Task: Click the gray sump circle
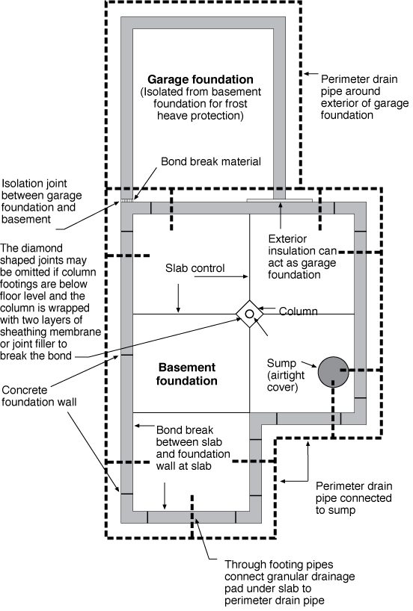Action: click(333, 372)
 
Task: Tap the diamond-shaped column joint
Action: click(249, 314)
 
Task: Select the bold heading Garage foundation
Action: click(201, 79)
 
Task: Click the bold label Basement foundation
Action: click(186, 374)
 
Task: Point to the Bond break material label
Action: click(211, 161)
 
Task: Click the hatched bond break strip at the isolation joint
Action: click(126, 200)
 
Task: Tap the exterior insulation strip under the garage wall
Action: click(279, 200)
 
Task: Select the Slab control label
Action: click(195, 268)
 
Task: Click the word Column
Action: click(298, 311)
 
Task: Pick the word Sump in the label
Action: click(281, 363)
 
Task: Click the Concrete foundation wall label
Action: click(39, 396)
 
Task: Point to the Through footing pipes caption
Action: click(290, 582)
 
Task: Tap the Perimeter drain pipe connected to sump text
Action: click(353, 498)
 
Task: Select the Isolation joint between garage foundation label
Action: click(41, 201)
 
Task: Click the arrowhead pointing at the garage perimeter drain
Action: click(307, 73)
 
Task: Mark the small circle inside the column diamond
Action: click(249, 314)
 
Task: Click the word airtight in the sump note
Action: click(286, 375)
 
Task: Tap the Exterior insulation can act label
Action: click(302, 257)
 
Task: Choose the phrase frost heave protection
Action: click(201, 110)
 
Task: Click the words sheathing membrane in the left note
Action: click(50, 332)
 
